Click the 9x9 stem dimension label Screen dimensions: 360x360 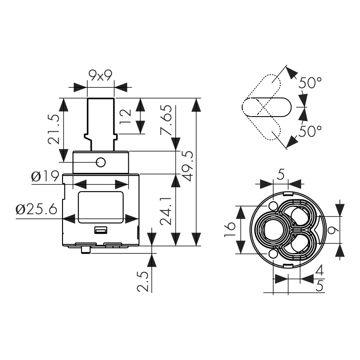pos(100,75)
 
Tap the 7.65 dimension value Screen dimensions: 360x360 pos(166,120)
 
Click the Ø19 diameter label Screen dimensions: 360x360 pos(45,177)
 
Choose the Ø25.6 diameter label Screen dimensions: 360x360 pos(36,210)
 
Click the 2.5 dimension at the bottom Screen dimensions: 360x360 pos(143,281)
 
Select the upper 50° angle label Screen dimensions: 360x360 pos(310,83)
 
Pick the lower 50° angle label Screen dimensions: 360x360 pos(310,131)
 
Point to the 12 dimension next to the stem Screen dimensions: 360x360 pos(126,116)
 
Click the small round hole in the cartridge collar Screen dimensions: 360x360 pos(101,162)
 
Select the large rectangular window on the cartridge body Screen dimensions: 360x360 pos(101,207)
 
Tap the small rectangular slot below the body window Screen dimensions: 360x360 pos(101,230)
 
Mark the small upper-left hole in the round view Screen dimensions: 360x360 pos(273,206)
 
